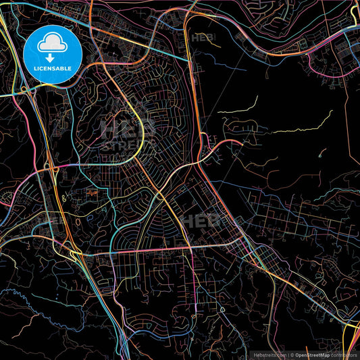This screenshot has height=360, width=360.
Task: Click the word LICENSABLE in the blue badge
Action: pyautogui.click(x=53, y=68)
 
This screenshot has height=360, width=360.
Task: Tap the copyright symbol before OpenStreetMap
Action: pyautogui.click(x=292, y=354)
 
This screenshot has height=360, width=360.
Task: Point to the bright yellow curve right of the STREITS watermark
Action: pyautogui.click(x=143, y=128)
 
